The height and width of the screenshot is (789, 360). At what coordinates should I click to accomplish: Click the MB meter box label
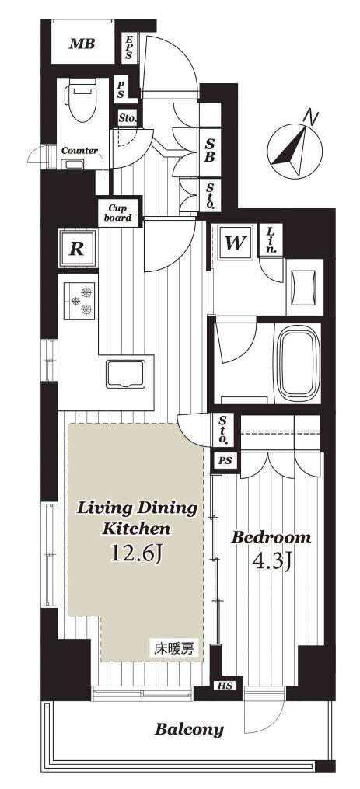pyautogui.click(x=82, y=44)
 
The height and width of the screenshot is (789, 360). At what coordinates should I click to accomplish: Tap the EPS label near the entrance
pyautogui.click(x=129, y=47)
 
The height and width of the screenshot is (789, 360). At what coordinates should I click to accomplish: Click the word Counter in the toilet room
pyautogui.click(x=79, y=151)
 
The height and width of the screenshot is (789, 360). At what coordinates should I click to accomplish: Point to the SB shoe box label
pyautogui.click(x=209, y=149)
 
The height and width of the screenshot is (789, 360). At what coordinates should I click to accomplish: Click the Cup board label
pyautogui.click(x=118, y=213)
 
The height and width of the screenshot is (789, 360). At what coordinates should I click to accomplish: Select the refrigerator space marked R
pyautogui.click(x=76, y=249)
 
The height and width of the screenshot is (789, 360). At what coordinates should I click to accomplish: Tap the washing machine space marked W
pyautogui.click(x=235, y=243)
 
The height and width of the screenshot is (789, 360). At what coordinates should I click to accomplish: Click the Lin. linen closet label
pyautogui.click(x=271, y=240)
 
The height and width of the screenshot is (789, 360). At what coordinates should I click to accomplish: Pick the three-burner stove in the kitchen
pyautogui.click(x=79, y=299)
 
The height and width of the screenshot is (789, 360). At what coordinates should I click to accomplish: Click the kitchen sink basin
pyautogui.click(x=125, y=373)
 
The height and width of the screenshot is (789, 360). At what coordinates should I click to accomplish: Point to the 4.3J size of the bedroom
pyautogui.click(x=271, y=560)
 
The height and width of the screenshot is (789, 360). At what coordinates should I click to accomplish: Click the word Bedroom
pyautogui.click(x=271, y=537)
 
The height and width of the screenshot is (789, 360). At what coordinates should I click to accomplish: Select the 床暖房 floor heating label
pyautogui.click(x=173, y=649)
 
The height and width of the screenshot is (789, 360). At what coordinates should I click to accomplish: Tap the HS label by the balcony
pyautogui.click(x=225, y=686)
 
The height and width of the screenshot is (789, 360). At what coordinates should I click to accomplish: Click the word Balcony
pyautogui.click(x=189, y=729)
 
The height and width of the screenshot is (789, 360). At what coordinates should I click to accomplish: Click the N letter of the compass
pyautogui.click(x=312, y=117)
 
